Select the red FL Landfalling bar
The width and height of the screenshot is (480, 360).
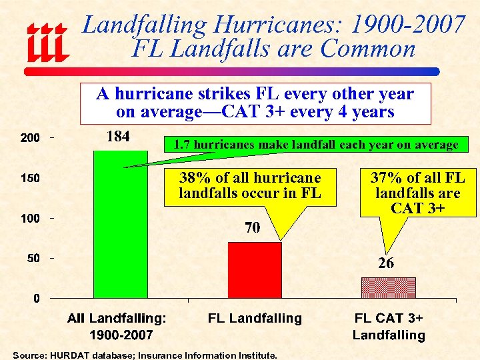tap(255, 269)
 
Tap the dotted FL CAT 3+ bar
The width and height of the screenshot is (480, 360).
tap(389, 287)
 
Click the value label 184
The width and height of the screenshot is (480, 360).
tap(118, 137)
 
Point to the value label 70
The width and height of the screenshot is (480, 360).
tap(252, 229)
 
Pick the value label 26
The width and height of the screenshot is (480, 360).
tap(386, 264)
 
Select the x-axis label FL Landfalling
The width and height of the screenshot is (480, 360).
tap(255, 319)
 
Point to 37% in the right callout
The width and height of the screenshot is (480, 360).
tap(385, 177)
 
